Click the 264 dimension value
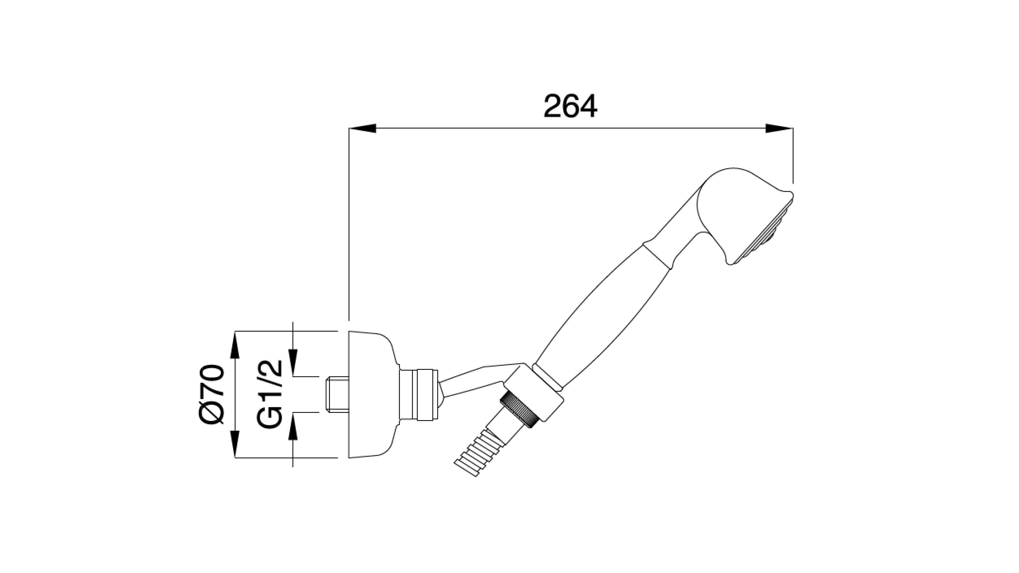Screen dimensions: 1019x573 (x=570, y=106)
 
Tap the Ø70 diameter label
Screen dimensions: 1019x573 (x=212, y=394)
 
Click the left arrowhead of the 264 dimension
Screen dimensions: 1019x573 (x=362, y=128)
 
